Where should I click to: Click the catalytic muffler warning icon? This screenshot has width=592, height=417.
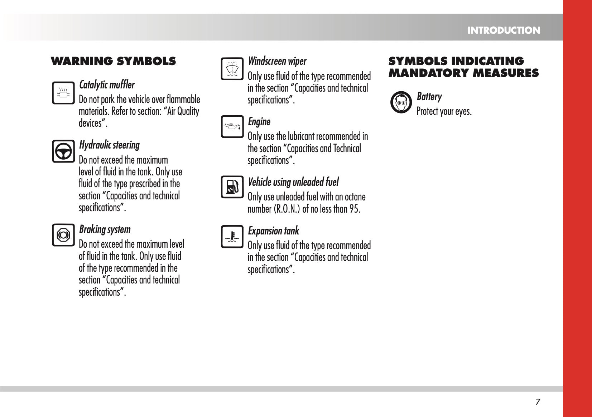tap(63, 93)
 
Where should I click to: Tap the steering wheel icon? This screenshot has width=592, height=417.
tap(63, 151)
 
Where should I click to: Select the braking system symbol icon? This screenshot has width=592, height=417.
tap(63, 235)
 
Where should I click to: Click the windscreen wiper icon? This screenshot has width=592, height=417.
tap(232, 69)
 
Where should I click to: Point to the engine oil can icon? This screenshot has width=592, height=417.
tap(232, 126)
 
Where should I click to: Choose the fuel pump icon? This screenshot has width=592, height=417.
tap(232, 187)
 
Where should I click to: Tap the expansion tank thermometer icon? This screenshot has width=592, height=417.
tap(232, 237)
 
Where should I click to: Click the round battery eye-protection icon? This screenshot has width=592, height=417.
tap(401, 102)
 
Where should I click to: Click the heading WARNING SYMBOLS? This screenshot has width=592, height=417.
tap(113, 61)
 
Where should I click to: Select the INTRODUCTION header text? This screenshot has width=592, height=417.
tap(504, 30)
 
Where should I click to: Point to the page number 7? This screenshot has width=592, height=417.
tap(538, 402)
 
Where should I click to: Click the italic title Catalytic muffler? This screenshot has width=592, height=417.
tap(107, 85)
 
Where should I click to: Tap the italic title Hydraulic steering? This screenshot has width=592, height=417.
tap(109, 145)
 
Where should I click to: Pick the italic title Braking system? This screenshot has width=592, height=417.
tap(105, 229)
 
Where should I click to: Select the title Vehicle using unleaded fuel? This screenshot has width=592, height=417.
tap(293, 182)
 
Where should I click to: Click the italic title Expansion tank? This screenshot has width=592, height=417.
tap(273, 231)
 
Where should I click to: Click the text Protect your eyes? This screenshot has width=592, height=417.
tap(444, 112)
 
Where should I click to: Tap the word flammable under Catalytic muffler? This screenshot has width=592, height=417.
tap(183, 100)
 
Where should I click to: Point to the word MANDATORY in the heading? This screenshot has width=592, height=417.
tap(428, 73)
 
